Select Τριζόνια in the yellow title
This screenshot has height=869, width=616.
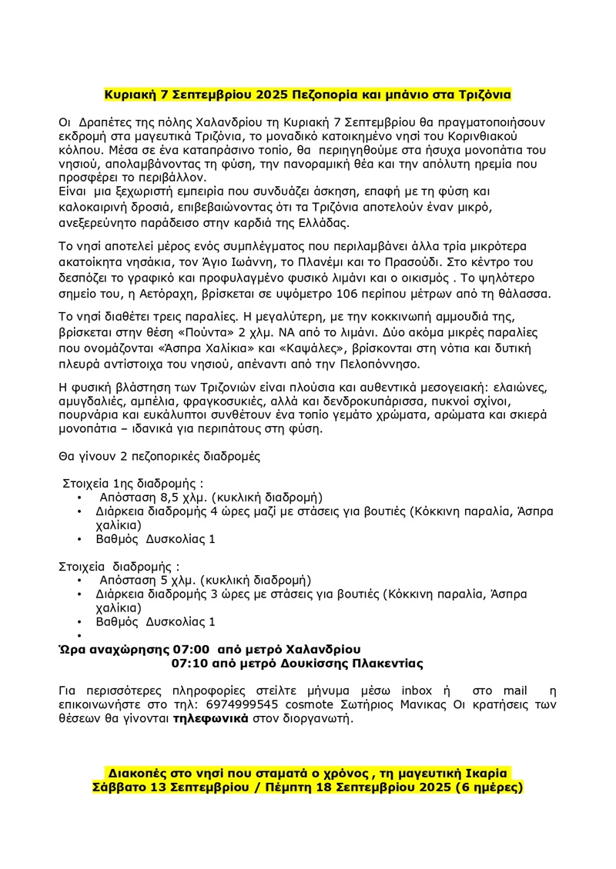(x=480, y=95)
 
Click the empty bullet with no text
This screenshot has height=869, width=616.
(x=80, y=635)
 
